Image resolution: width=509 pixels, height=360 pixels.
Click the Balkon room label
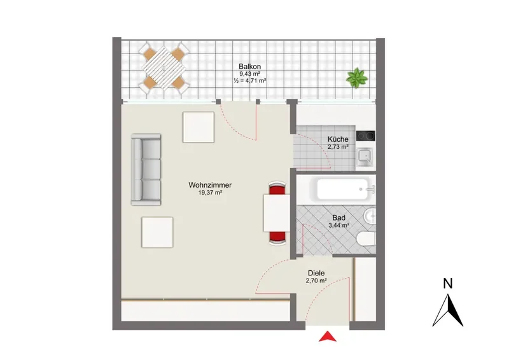pyautogui.click(x=249, y=66)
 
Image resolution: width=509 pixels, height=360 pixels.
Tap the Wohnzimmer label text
pyautogui.click(x=210, y=185)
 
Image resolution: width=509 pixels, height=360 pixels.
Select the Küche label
pyautogui.click(x=338, y=139)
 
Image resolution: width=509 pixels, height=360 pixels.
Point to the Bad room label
pyautogui.click(x=338, y=218)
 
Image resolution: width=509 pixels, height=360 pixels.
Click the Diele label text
pyautogui.click(x=316, y=273)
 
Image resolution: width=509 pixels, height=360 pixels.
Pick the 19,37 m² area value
pyautogui.click(x=210, y=193)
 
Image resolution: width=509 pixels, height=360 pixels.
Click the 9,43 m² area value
pyautogui.click(x=249, y=74)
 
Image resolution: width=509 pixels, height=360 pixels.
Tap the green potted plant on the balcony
pyautogui.click(x=357, y=78)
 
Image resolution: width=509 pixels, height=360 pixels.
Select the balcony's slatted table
pyautogui.click(x=164, y=68)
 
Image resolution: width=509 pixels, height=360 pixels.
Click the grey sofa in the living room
pyautogui.click(x=146, y=169)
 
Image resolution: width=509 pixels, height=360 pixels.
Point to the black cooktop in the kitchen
pyautogui.click(x=365, y=135)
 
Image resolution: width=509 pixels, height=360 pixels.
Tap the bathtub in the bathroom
pyautogui.click(x=343, y=190)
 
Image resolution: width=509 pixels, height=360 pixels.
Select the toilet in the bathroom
pyautogui.click(x=366, y=240)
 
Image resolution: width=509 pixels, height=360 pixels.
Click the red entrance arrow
pyautogui.click(x=328, y=336)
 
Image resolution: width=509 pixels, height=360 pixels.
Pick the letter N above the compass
pyautogui.click(x=448, y=284)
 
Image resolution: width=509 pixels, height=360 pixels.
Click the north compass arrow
pyautogui.click(x=448, y=310)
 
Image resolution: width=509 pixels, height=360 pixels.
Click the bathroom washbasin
pyautogui.click(x=370, y=216)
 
